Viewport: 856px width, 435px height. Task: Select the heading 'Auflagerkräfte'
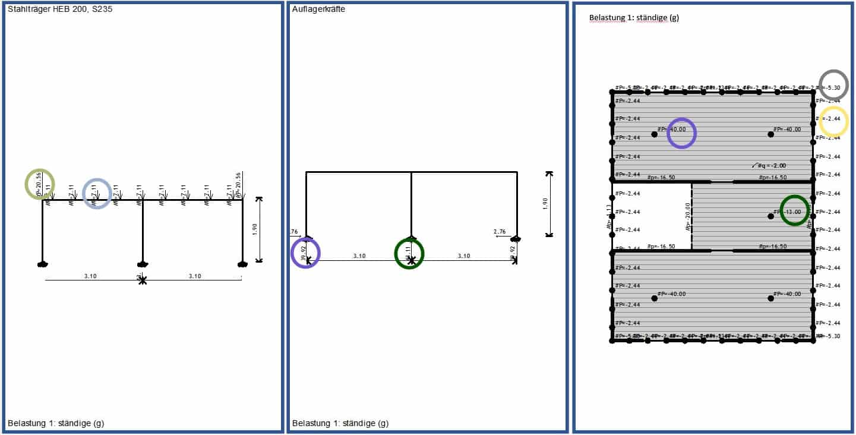(x=319, y=9)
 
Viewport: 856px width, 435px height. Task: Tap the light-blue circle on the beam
(x=97, y=193)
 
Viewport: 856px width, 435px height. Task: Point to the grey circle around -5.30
(x=833, y=84)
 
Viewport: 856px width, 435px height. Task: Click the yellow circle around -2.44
(x=833, y=122)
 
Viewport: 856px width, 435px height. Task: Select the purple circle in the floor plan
(x=681, y=133)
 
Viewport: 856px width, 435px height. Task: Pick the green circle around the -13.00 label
(x=794, y=210)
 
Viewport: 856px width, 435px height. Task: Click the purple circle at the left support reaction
(x=305, y=253)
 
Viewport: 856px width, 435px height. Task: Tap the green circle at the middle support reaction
(x=409, y=254)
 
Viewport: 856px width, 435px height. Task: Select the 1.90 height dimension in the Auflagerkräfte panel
(x=546, y=204)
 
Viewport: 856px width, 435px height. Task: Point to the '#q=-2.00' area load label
(x=771, y=166)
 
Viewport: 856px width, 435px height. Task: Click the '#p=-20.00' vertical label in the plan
(x=687, y=216)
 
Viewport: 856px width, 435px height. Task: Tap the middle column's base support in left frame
(x=141, y=264)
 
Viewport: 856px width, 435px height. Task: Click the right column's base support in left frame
(x=241, y=263)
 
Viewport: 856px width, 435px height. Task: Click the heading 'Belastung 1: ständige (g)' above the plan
(x=634, y=18)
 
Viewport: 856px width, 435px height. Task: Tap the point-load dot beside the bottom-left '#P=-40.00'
(x=654, y=298)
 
